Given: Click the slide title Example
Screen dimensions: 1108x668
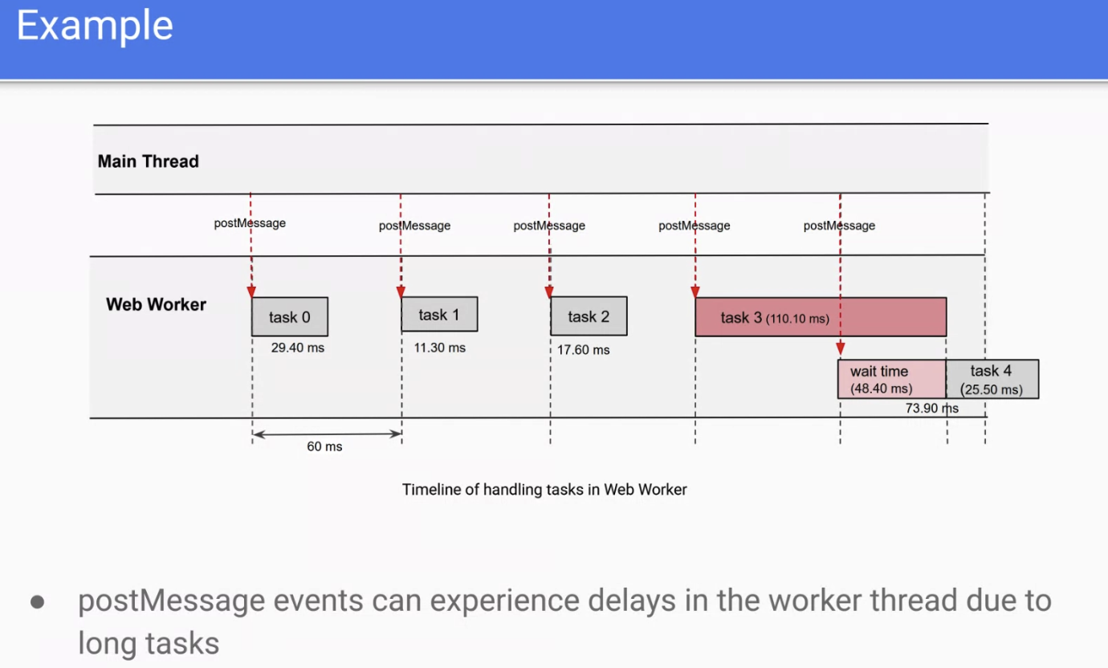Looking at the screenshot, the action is (x=95, y=26).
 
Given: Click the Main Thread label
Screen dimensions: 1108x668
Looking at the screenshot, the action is (x=148, y=161).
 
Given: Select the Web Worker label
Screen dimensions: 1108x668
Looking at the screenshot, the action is (x=156, y=304).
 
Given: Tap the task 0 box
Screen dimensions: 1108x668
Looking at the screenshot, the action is (x=289, y=316).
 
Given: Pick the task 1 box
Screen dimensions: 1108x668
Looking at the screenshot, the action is (x=439, y=314).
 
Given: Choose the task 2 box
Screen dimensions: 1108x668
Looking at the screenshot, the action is (x=589, y=316).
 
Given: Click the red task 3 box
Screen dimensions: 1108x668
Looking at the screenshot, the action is (x=821, y=317).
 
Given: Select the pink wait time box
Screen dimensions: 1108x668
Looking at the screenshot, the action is (x=892, y=379).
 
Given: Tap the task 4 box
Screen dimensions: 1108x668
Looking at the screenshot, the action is (x=992, y=379).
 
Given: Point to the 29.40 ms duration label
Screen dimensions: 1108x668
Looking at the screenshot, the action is (x=298, y=348).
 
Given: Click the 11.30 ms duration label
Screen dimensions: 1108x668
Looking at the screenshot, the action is (x=440, y=348).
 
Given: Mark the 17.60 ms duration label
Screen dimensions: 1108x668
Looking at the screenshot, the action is (x=583, y=350).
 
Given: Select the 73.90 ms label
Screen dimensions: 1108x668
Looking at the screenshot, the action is (x=932, y=408).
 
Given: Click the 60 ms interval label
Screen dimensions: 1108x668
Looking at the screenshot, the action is (x=324, y=446).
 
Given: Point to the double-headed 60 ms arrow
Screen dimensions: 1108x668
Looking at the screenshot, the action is (x=327, y=434).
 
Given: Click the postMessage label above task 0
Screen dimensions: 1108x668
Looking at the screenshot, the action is (x=250, y=223).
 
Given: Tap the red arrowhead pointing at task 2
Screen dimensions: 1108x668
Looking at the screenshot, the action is (x=549, y=292).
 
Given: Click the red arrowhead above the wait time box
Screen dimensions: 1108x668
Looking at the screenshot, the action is (x=841, y=348).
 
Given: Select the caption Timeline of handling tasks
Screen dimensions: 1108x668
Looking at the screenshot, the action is (x=544, y=490).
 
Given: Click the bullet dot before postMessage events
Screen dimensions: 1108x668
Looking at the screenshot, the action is (x=37, y=602).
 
